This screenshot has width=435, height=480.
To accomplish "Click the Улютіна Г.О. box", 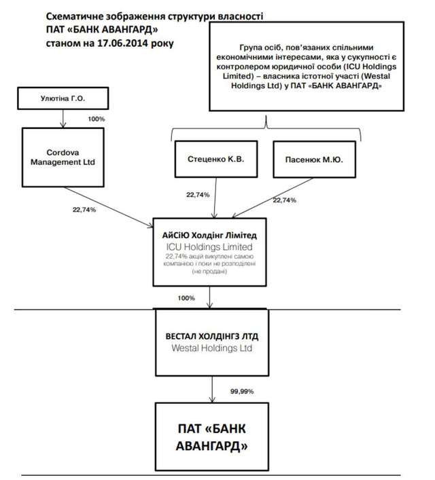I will (x=63, y=99).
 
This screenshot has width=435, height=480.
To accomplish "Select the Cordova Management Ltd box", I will (x=63, y=158).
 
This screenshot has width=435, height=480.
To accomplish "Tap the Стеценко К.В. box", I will (x=215, y=158).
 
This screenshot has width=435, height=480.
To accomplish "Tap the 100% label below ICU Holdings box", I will (x=186, y=298).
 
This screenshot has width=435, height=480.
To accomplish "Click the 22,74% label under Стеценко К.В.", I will (x=198, y=194).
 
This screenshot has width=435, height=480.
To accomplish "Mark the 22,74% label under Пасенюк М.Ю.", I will (x=284, y=200).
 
